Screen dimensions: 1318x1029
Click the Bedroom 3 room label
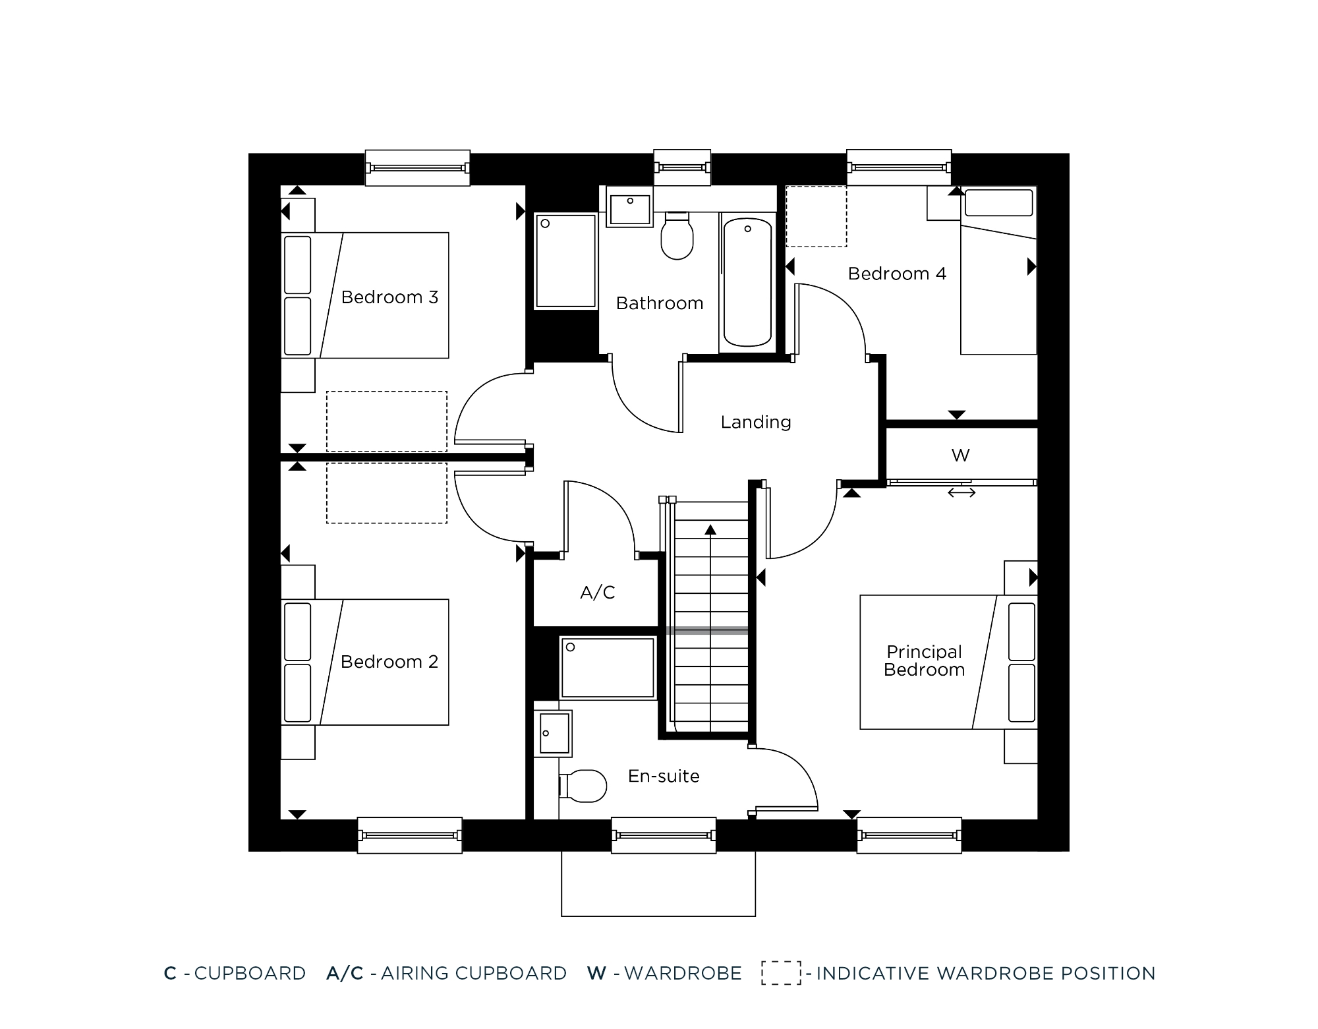tap(389, 297)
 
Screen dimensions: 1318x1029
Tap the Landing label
tap(756, 422)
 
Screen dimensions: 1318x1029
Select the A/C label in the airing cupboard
tap(598, 593)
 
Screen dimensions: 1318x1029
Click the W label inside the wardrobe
tap(961, 455)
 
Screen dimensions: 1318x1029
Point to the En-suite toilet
tap(583, 786)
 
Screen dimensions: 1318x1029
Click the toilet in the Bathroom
tap(677, 235)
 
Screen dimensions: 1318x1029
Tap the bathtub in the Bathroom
tap(747, 282)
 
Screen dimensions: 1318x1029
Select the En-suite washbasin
tap(554, 733)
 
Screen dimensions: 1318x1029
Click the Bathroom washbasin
tap(630, 209)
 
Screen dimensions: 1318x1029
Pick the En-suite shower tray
tap(608, 668)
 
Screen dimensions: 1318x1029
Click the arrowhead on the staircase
tap(710, 529)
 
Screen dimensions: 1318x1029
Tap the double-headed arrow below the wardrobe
tap(961, 492)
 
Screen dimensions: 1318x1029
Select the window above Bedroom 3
tap(418, 168)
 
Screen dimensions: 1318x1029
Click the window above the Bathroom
tap(682, 167)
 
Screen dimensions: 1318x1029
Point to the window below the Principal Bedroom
tap(909, 835)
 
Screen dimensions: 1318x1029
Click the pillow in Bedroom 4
tap(999, 202)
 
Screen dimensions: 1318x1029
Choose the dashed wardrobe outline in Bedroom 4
tap(817, 217)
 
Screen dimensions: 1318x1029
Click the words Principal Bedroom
tap(925, 661)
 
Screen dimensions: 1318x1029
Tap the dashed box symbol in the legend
tap(782, 973)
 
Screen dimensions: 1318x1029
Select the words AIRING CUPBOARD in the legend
tap(474, 974)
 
